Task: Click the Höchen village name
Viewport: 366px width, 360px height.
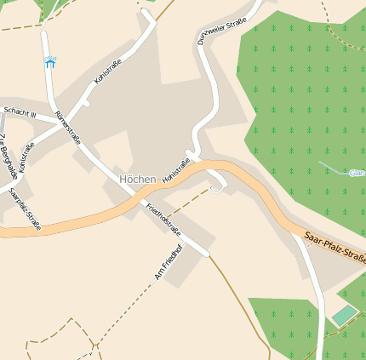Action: [x=138, y=179]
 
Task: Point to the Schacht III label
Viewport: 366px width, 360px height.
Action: [x=20, y=111]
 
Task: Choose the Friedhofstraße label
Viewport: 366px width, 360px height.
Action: [x=163, y=219]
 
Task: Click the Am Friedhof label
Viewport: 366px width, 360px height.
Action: [x=168, y=263]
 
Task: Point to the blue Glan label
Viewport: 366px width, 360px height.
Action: [x=357, y=173]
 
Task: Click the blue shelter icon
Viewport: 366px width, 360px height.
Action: [x=50, y=62]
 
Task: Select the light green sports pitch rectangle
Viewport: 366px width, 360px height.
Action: [x=345, y=316]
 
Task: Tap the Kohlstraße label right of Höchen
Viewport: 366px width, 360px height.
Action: [x=175, y=170]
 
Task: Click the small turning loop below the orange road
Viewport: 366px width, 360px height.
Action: [x=218, y=187]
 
